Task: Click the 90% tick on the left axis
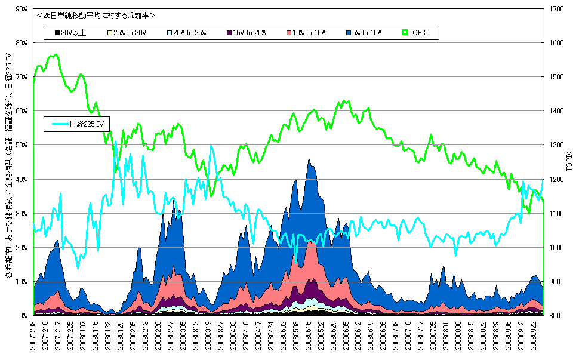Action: coord(23,9)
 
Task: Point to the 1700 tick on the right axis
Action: coord(555,9)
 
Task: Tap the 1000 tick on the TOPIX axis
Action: coord(555,248)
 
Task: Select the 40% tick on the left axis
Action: coord(23,179)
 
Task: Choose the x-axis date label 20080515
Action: coord(309,336)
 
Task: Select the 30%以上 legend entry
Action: coord(70,32)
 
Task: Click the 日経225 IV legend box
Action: coord(78,124)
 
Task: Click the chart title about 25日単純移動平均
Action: coord(96,15)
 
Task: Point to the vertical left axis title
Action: coord(8,167)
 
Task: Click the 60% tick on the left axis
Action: coord(23,111)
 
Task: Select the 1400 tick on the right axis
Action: coord(555,111)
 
